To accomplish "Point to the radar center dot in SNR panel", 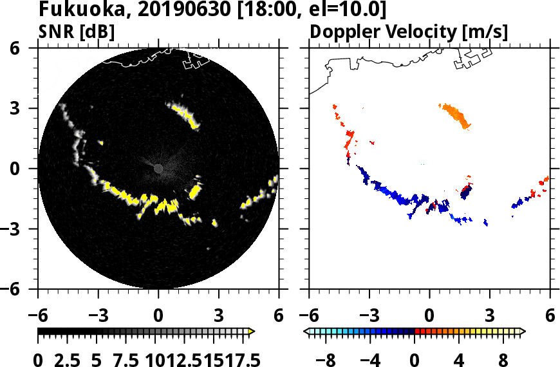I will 158,168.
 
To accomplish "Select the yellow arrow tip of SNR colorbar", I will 252,332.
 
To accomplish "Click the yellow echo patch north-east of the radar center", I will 183,113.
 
